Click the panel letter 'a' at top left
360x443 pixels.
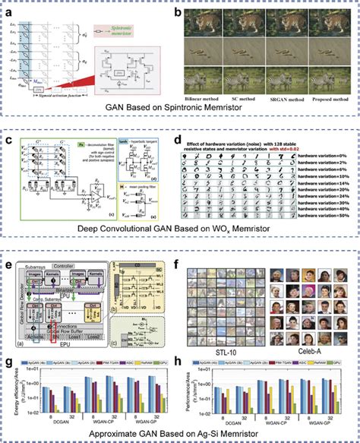coord(10,8)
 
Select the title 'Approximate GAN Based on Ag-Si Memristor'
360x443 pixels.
coord(180,435)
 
